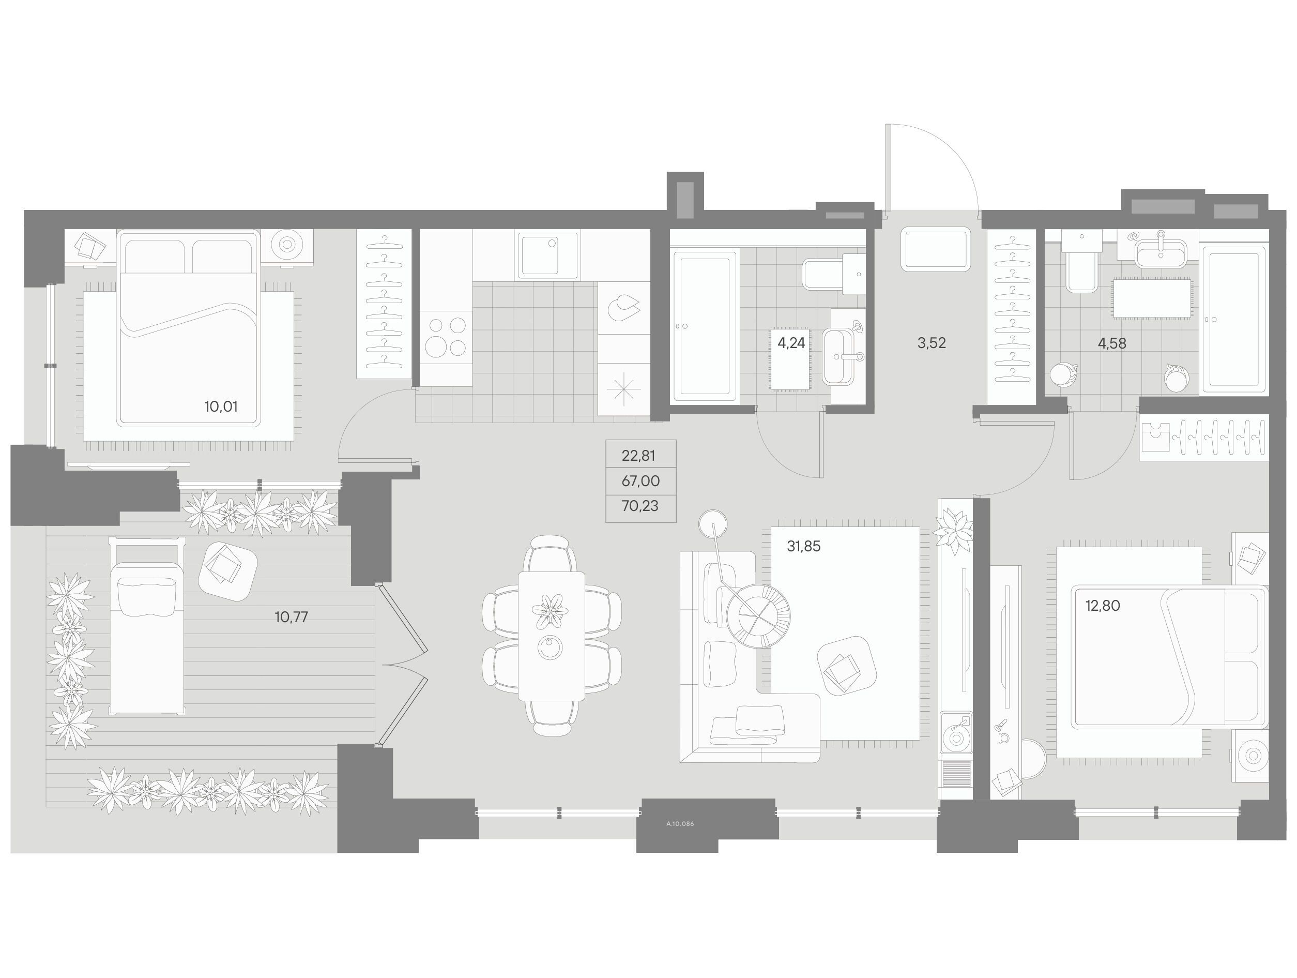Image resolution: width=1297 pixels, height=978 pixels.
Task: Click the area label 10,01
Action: pyautogui.click(x=220, y=406)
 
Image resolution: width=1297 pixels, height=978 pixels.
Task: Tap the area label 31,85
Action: pyautogui.click(x=803, y=546)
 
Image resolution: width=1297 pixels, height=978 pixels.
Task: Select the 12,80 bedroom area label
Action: pyautogui.click(x=1102, y=606)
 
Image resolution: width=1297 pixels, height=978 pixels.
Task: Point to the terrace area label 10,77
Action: pyautogui.click(x=291, y=616)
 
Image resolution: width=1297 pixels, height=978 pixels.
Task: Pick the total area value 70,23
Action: pyautogui.click(x=640, y=506)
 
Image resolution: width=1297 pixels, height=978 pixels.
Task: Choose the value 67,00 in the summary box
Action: pyautogui.click(x=640, y=481)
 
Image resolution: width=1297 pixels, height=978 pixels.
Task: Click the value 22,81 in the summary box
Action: pyautogui.click(x=638, y=455)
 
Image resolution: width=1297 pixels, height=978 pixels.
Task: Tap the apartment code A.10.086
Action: pyautogui.click(x=680, y=824)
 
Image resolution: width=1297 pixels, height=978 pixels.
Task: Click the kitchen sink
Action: pyautogui.click(x=547, y=255)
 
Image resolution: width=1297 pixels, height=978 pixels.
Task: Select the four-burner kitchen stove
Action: pyautogui.click(x=446, y=337)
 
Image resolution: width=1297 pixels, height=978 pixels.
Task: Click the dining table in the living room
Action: pyautogui.click(x=551, y=636)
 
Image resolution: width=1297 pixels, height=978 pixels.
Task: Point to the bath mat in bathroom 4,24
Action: pyautogui.click(x=790, y=359)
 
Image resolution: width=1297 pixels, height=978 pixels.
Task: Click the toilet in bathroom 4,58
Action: pyautogui.click(x=1082, y=261)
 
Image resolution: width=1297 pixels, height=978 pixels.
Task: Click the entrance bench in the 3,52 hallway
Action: pyautogui.click(x=936, y=249)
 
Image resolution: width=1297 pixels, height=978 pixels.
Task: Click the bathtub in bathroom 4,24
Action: pyautogui.click(x=704, y=326)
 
